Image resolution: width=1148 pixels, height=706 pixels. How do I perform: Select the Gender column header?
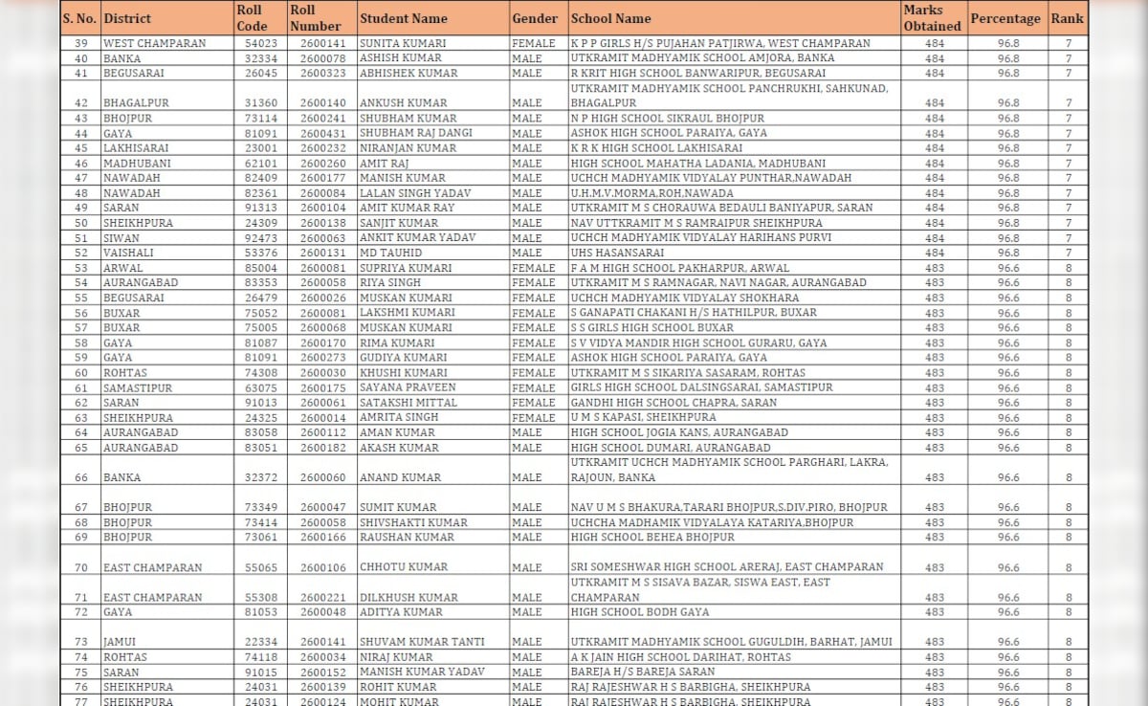pos(535,18)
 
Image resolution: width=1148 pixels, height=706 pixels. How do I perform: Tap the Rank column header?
pos(1067,18)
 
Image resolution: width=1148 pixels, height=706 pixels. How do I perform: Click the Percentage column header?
pos(1004,18)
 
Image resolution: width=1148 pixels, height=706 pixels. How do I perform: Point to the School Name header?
pos(610,18)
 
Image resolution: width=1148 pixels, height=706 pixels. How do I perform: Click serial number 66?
pos(80,477)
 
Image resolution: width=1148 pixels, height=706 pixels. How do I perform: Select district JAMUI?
pos(119,642)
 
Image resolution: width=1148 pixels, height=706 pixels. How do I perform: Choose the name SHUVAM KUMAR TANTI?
pos(422,642)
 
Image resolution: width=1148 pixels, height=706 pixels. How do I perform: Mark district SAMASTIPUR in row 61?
pos(137,387)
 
